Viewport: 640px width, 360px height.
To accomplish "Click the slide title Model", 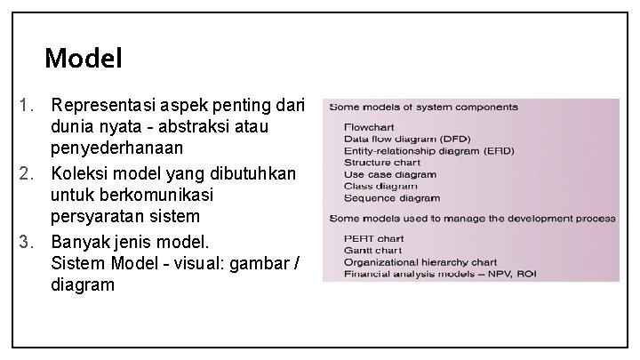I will pos(83,60).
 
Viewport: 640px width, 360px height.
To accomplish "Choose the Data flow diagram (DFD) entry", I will pos(407,139).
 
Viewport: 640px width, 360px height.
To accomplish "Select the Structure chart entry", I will pos(382,163).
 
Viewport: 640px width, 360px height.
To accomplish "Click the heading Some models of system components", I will pos(423,108).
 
